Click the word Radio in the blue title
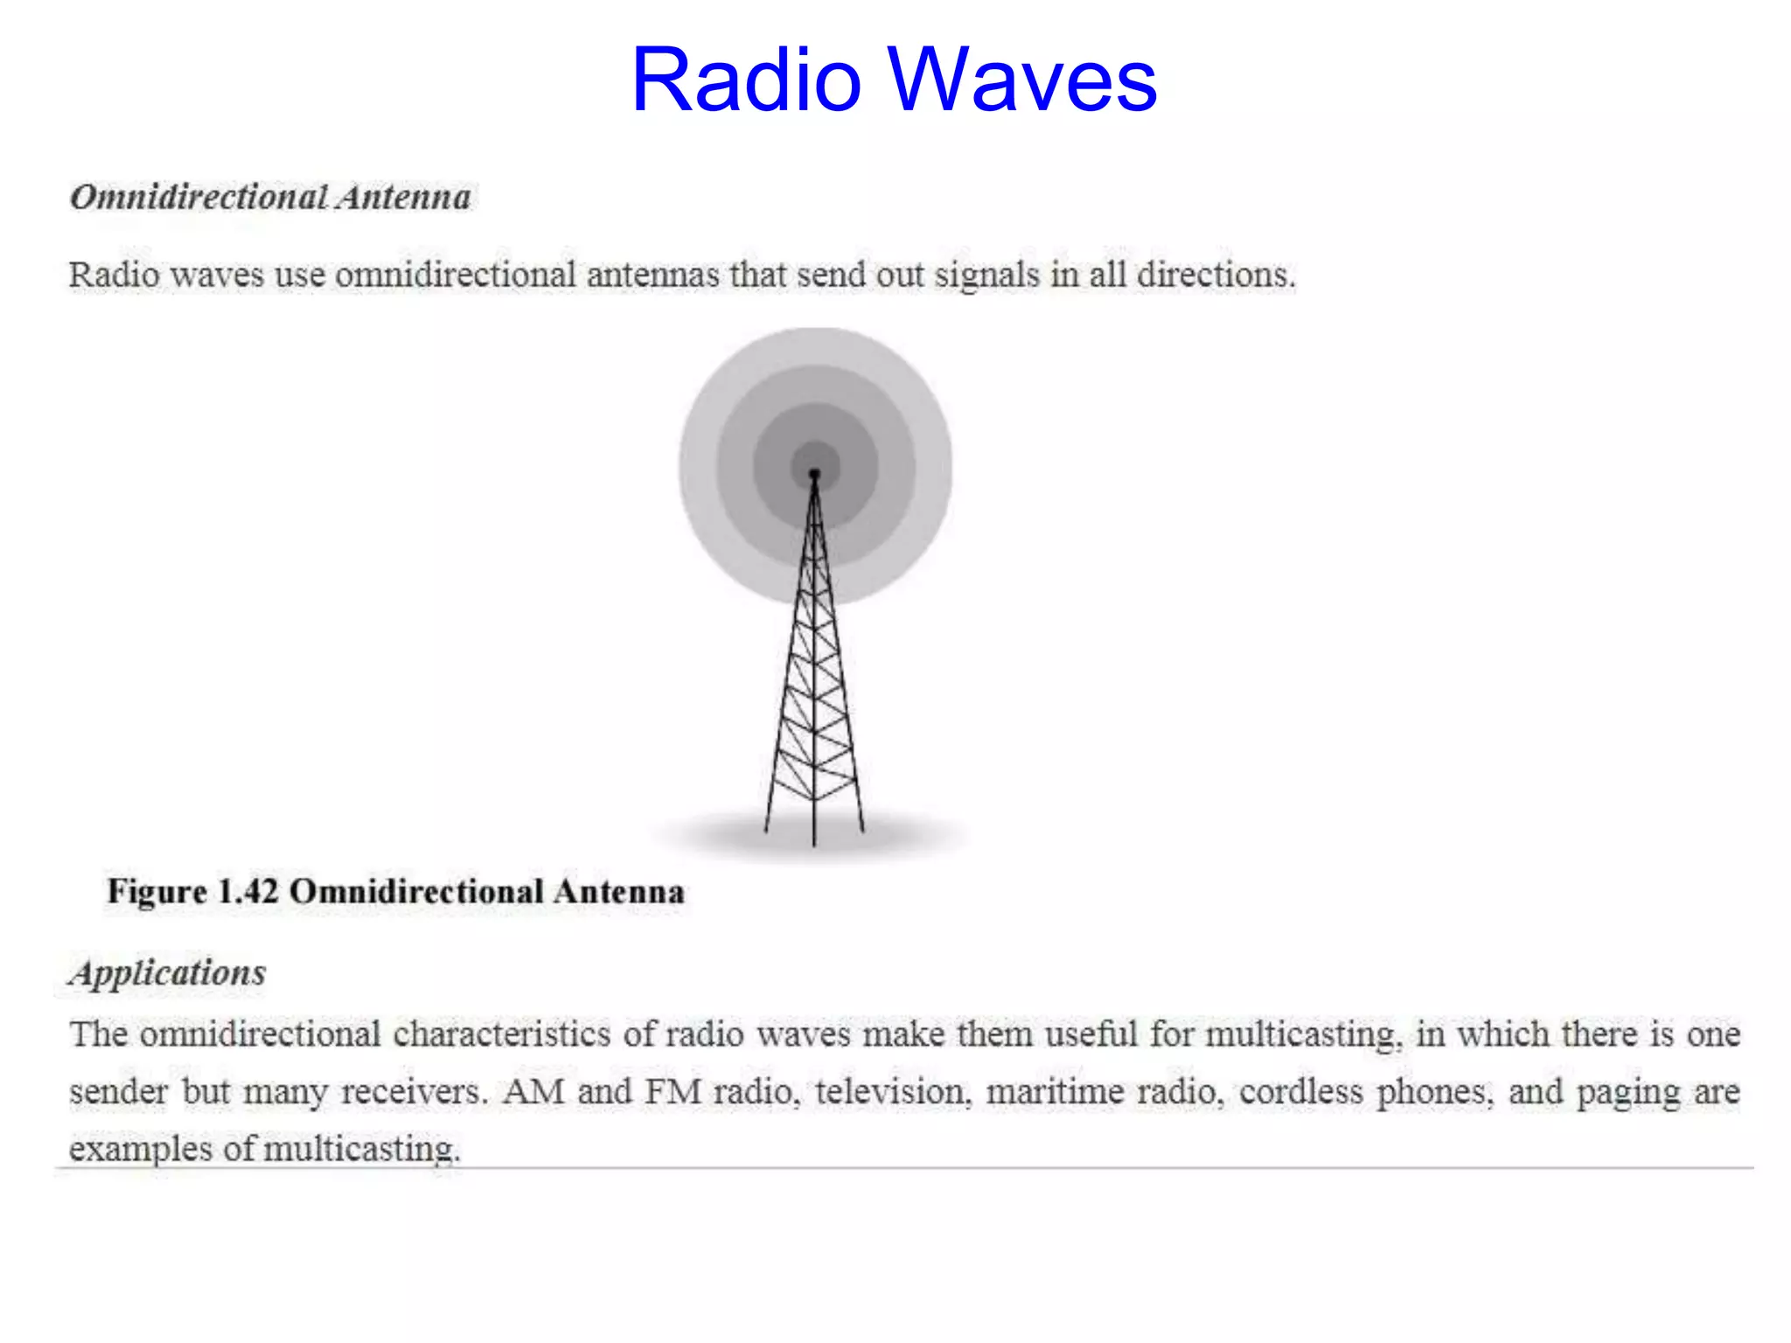click(x=745, y=80)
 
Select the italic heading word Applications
click(x=168, y=973)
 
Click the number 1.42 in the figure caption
click(x=247, y=892)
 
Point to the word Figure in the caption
click(x=157, y=892)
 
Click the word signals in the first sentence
click(x=987, y=275)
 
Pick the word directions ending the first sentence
click(x=1216, y=275)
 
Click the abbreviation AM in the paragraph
click(x=533, y=1092)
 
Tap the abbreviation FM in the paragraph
click(x=673, y=1092)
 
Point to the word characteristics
click(x=501, y=1035)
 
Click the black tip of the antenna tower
click(x=814, y=474)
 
